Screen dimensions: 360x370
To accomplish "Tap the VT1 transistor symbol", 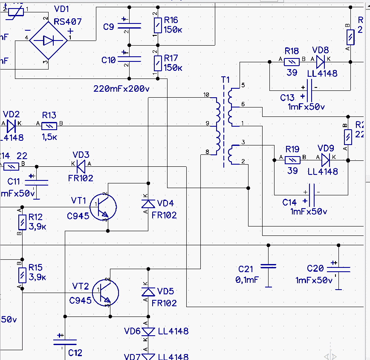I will pos(104,206).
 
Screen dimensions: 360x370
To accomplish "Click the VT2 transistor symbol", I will pos(106,293).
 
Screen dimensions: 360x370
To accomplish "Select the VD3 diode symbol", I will pos(81,166).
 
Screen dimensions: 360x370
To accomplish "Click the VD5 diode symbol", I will pos(147,292).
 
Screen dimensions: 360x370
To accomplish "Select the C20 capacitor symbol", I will pos(338,269).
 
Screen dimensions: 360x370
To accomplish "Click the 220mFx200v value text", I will pos(121,89).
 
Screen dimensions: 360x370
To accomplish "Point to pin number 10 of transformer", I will pos(206,95).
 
